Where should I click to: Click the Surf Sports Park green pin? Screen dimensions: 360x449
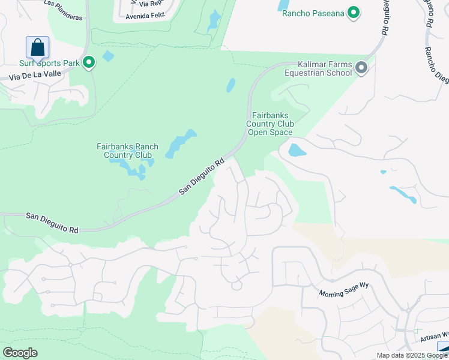[89, 62]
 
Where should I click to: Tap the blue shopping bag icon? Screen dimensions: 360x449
[37, 47]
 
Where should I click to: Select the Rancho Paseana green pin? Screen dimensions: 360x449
[354, 12]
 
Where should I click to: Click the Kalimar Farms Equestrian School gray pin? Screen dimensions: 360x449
[361, 68]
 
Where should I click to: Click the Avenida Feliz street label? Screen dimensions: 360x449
[144, 16]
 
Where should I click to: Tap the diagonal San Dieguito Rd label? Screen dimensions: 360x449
[202, 177]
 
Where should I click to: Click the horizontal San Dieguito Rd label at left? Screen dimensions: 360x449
[52, 221]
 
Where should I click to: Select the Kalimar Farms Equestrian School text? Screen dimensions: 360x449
[325, 69]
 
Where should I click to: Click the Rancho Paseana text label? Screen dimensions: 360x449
[313, 13]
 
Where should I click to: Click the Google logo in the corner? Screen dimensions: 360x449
[20, 353]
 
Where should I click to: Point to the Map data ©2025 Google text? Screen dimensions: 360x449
[412, 355]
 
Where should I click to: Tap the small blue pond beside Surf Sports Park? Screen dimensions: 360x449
[108, 56]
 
